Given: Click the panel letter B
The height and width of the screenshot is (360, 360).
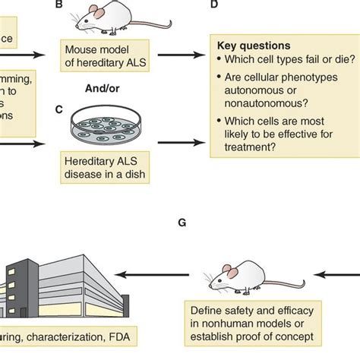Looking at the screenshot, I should click(x=59, y=5).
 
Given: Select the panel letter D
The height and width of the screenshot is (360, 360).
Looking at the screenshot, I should click(x=215, y=5).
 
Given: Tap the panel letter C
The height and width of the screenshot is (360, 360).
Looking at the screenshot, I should click(x=59, y=109).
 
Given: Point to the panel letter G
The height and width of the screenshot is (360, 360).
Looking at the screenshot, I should click(x=182, y=223).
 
